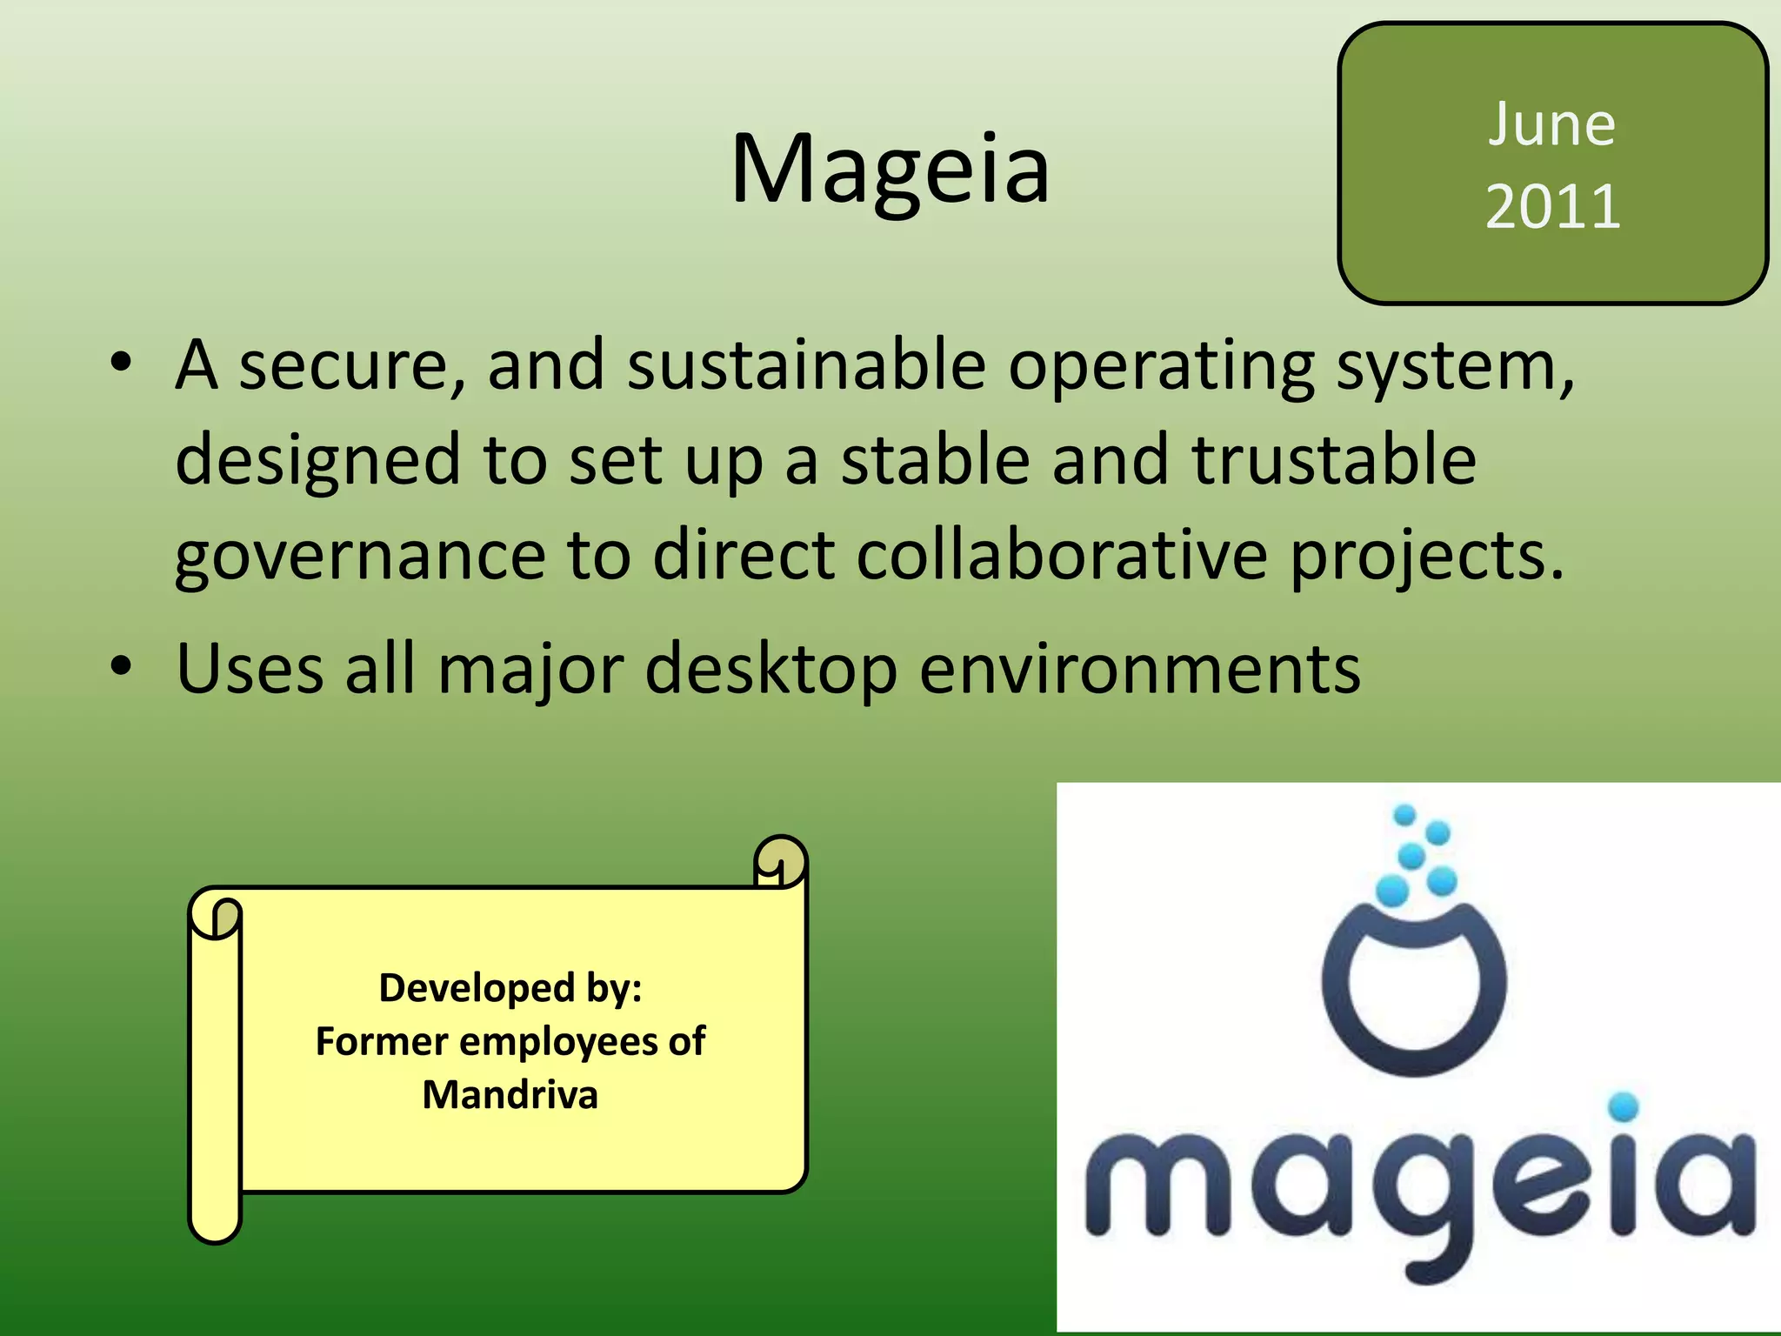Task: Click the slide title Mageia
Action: [x=890, y=170]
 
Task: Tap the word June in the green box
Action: [x=1552, y=125]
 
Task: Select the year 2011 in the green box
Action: [x=1553, y=207]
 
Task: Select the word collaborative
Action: [x=1061, y=555]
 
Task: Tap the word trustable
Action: [x=1333, y=460]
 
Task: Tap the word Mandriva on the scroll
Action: [x=510, y=1095]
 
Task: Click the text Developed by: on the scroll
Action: [x=510, y=988]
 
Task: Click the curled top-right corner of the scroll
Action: [x=780, y=859]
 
